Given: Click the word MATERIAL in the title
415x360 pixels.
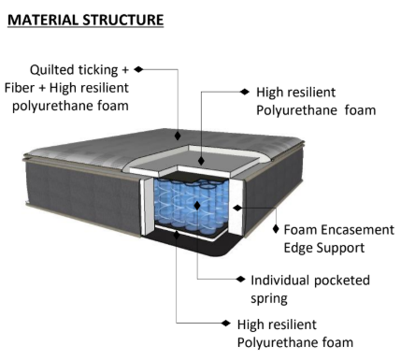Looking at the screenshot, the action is pyautogui.click(x=43, y=20).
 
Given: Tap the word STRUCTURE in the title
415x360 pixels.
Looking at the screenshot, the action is pyautogui.click(x=123, y=20).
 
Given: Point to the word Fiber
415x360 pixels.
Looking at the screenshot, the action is pyautogui.click(x=20, y=88).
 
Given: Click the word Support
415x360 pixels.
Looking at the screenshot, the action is pyautogui.click(x=340, y=249).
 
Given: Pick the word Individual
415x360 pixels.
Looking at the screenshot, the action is pyautogui.click(x=279, y=281).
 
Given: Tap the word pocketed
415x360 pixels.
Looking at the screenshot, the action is pyautogui.click(x=342, y=281).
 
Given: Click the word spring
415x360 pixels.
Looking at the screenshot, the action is pyautogui.click(x=269, y=299).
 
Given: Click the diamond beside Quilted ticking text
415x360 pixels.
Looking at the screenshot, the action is pyautogui.click(x=138, y=69).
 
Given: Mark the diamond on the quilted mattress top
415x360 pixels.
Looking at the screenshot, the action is pyautogui.click(x=178, y=136).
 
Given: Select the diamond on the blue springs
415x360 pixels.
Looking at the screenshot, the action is pyautogui.click(x=197, y=206).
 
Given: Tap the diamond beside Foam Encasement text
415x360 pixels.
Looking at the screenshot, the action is pyautogui.click(x=276, y=229).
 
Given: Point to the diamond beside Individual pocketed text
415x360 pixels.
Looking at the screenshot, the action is pyautogui.click(x=240, y=279).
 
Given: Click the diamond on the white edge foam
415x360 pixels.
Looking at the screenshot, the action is pyautogui.click(x=237, y=208).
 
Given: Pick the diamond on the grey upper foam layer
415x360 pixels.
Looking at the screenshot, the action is pyautogui.click(x=201, y=161).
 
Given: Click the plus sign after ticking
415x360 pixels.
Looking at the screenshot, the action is pyautogui.click(x=125, y=70).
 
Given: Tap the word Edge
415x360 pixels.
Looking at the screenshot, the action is pyautogui.click(x=298, y=249).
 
